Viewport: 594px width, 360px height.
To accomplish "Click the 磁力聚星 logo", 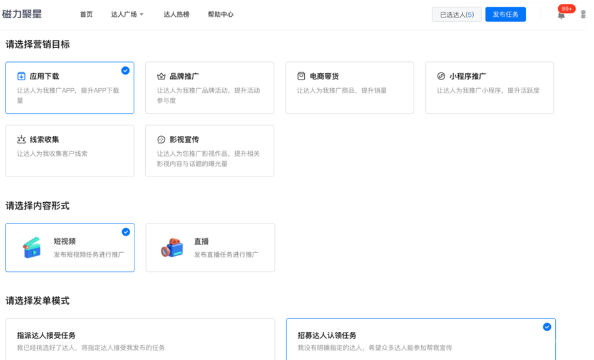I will (x=22, y=14).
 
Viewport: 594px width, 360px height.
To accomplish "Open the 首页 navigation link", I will (x=86, y=14).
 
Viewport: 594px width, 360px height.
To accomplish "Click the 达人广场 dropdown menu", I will (x=127, y=14).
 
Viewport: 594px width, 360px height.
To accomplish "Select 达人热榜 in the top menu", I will (x=177, y=14).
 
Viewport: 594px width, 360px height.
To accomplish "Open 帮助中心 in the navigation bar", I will (x=220, y=14).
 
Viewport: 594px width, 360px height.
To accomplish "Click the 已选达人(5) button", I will (x=456, y=14).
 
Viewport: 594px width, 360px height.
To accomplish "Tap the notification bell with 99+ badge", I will (x=561, y=15).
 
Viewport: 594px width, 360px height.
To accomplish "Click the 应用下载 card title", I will (x=44, y=76).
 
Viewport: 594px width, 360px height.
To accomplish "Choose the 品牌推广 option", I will (x=184, y=76).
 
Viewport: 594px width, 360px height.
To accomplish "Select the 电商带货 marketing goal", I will (x=324, y=76).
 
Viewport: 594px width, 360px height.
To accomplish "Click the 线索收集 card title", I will (x=44, y=140).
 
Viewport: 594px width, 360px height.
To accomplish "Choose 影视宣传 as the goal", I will (x=184, y=140).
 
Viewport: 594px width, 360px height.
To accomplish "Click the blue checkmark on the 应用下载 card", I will (x=126, y=71).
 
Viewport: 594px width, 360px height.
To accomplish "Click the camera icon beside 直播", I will (x=172, y=248).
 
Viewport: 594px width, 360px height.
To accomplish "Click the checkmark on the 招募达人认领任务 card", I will (x=547, y=327).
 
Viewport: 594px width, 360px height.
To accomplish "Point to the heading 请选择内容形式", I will (x=38, y=206).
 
